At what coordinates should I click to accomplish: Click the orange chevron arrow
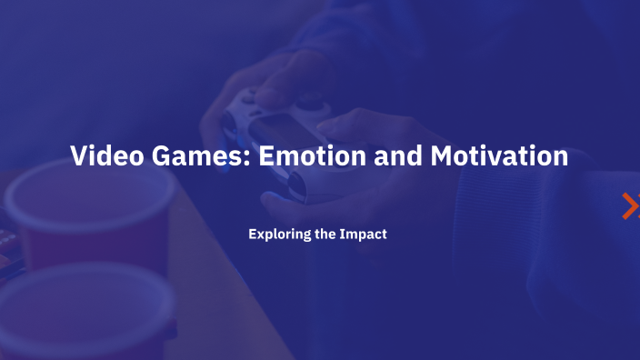[x=629, y=206]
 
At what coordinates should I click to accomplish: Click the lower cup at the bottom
[x=86, y=314]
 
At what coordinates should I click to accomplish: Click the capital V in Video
[x=79, y=155]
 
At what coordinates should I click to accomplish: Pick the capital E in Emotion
[x=266, y=155]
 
